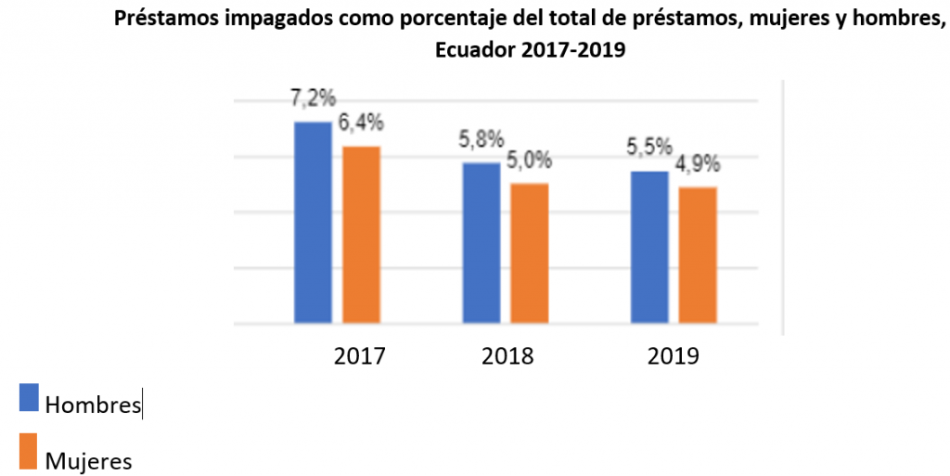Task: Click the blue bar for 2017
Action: click(x=313, y=223)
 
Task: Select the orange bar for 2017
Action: click(x=361, y=235)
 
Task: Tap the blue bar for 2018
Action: click(x=481, y=243)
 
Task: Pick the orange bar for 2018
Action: click(x=529, y=253)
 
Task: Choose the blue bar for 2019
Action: click(x=649, y=248)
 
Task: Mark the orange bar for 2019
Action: click(x=698, y=255)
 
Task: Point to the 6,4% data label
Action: click(x=360, y=123)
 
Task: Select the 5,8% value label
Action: click(x=481, y=140)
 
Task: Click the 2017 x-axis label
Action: click(x=360, y=356)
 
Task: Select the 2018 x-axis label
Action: click(x=507, y=356)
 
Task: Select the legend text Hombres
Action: click(x=93, y=405)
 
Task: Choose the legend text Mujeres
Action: click(x=88, y=460)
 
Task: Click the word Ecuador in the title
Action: click(x=475, y=51)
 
